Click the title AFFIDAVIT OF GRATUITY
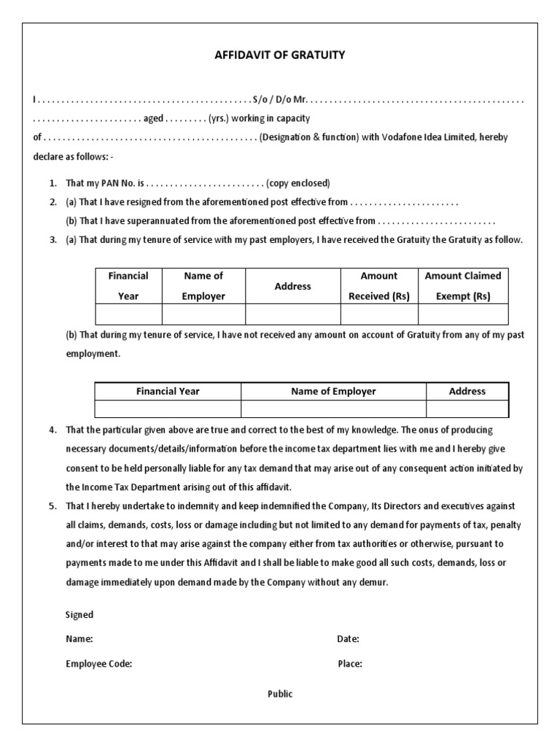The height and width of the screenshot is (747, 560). [x=279, y=54]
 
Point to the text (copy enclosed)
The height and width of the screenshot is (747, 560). [x=298, y=182]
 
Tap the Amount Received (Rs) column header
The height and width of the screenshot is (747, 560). [x=378, y=286]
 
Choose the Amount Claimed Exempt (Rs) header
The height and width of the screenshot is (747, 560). [x=462, y=286]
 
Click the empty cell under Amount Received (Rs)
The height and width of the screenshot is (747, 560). [x=378, y=314]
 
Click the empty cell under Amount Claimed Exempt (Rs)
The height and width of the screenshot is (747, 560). [x=462, y=314]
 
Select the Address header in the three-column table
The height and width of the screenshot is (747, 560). [x=467, y=391]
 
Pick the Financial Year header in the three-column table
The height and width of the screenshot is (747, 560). [x=168, y=391]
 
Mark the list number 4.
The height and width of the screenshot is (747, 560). [x=53, y=430]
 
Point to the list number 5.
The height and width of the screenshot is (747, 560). [x=53, y=506]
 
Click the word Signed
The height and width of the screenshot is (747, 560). [x=79, y=615]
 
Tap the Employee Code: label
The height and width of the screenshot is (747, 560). [x=99, y=664]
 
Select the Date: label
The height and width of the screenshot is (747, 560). [x=348, y=639]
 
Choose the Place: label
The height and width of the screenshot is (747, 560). [x=350, y=664]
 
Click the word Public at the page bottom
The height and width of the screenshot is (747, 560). [x=279, y=694]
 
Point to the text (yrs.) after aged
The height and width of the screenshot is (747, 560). [x=218, y=118]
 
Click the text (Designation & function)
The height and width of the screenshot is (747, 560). [x=309, y=137]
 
